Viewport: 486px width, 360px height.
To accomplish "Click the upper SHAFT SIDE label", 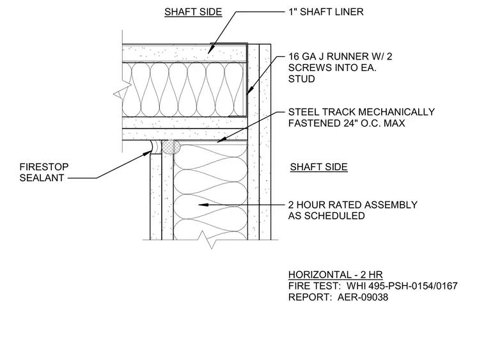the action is (x=193, y=12).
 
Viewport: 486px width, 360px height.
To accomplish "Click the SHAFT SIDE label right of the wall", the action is (x=318, y=167).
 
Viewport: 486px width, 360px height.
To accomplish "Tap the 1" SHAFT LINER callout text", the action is (x=325, y=12).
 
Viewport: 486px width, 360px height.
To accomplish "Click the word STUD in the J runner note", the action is (x=301, y=79).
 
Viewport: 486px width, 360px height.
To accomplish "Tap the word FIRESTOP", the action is (x=43, y=167).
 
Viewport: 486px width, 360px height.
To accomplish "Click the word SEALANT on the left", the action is (x=42, y=178).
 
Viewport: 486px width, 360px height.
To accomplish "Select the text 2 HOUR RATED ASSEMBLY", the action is (x=353, y=205).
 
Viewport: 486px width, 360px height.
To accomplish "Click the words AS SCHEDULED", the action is (x=326, y=215).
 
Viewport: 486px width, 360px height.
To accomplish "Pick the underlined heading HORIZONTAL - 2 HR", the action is (x=335, y=275).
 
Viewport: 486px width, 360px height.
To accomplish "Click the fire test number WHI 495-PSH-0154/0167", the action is (x=402, y=286).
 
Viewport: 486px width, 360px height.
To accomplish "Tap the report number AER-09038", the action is (x=363, y=297).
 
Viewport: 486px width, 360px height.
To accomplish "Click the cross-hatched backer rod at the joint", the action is (x=171, y=147).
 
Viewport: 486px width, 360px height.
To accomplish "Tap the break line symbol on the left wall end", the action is (x=121, y=91).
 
